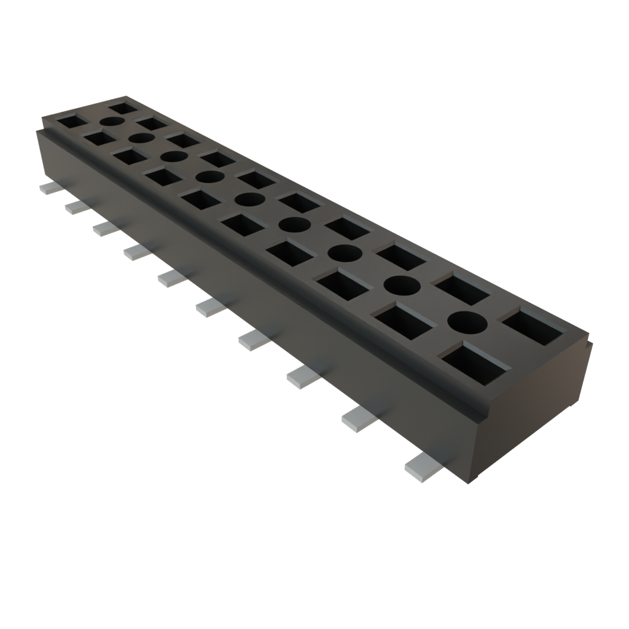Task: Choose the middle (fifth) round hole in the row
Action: click(249, 200)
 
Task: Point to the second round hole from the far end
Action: click(141, 138)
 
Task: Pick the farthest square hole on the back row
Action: click(123, 109)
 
